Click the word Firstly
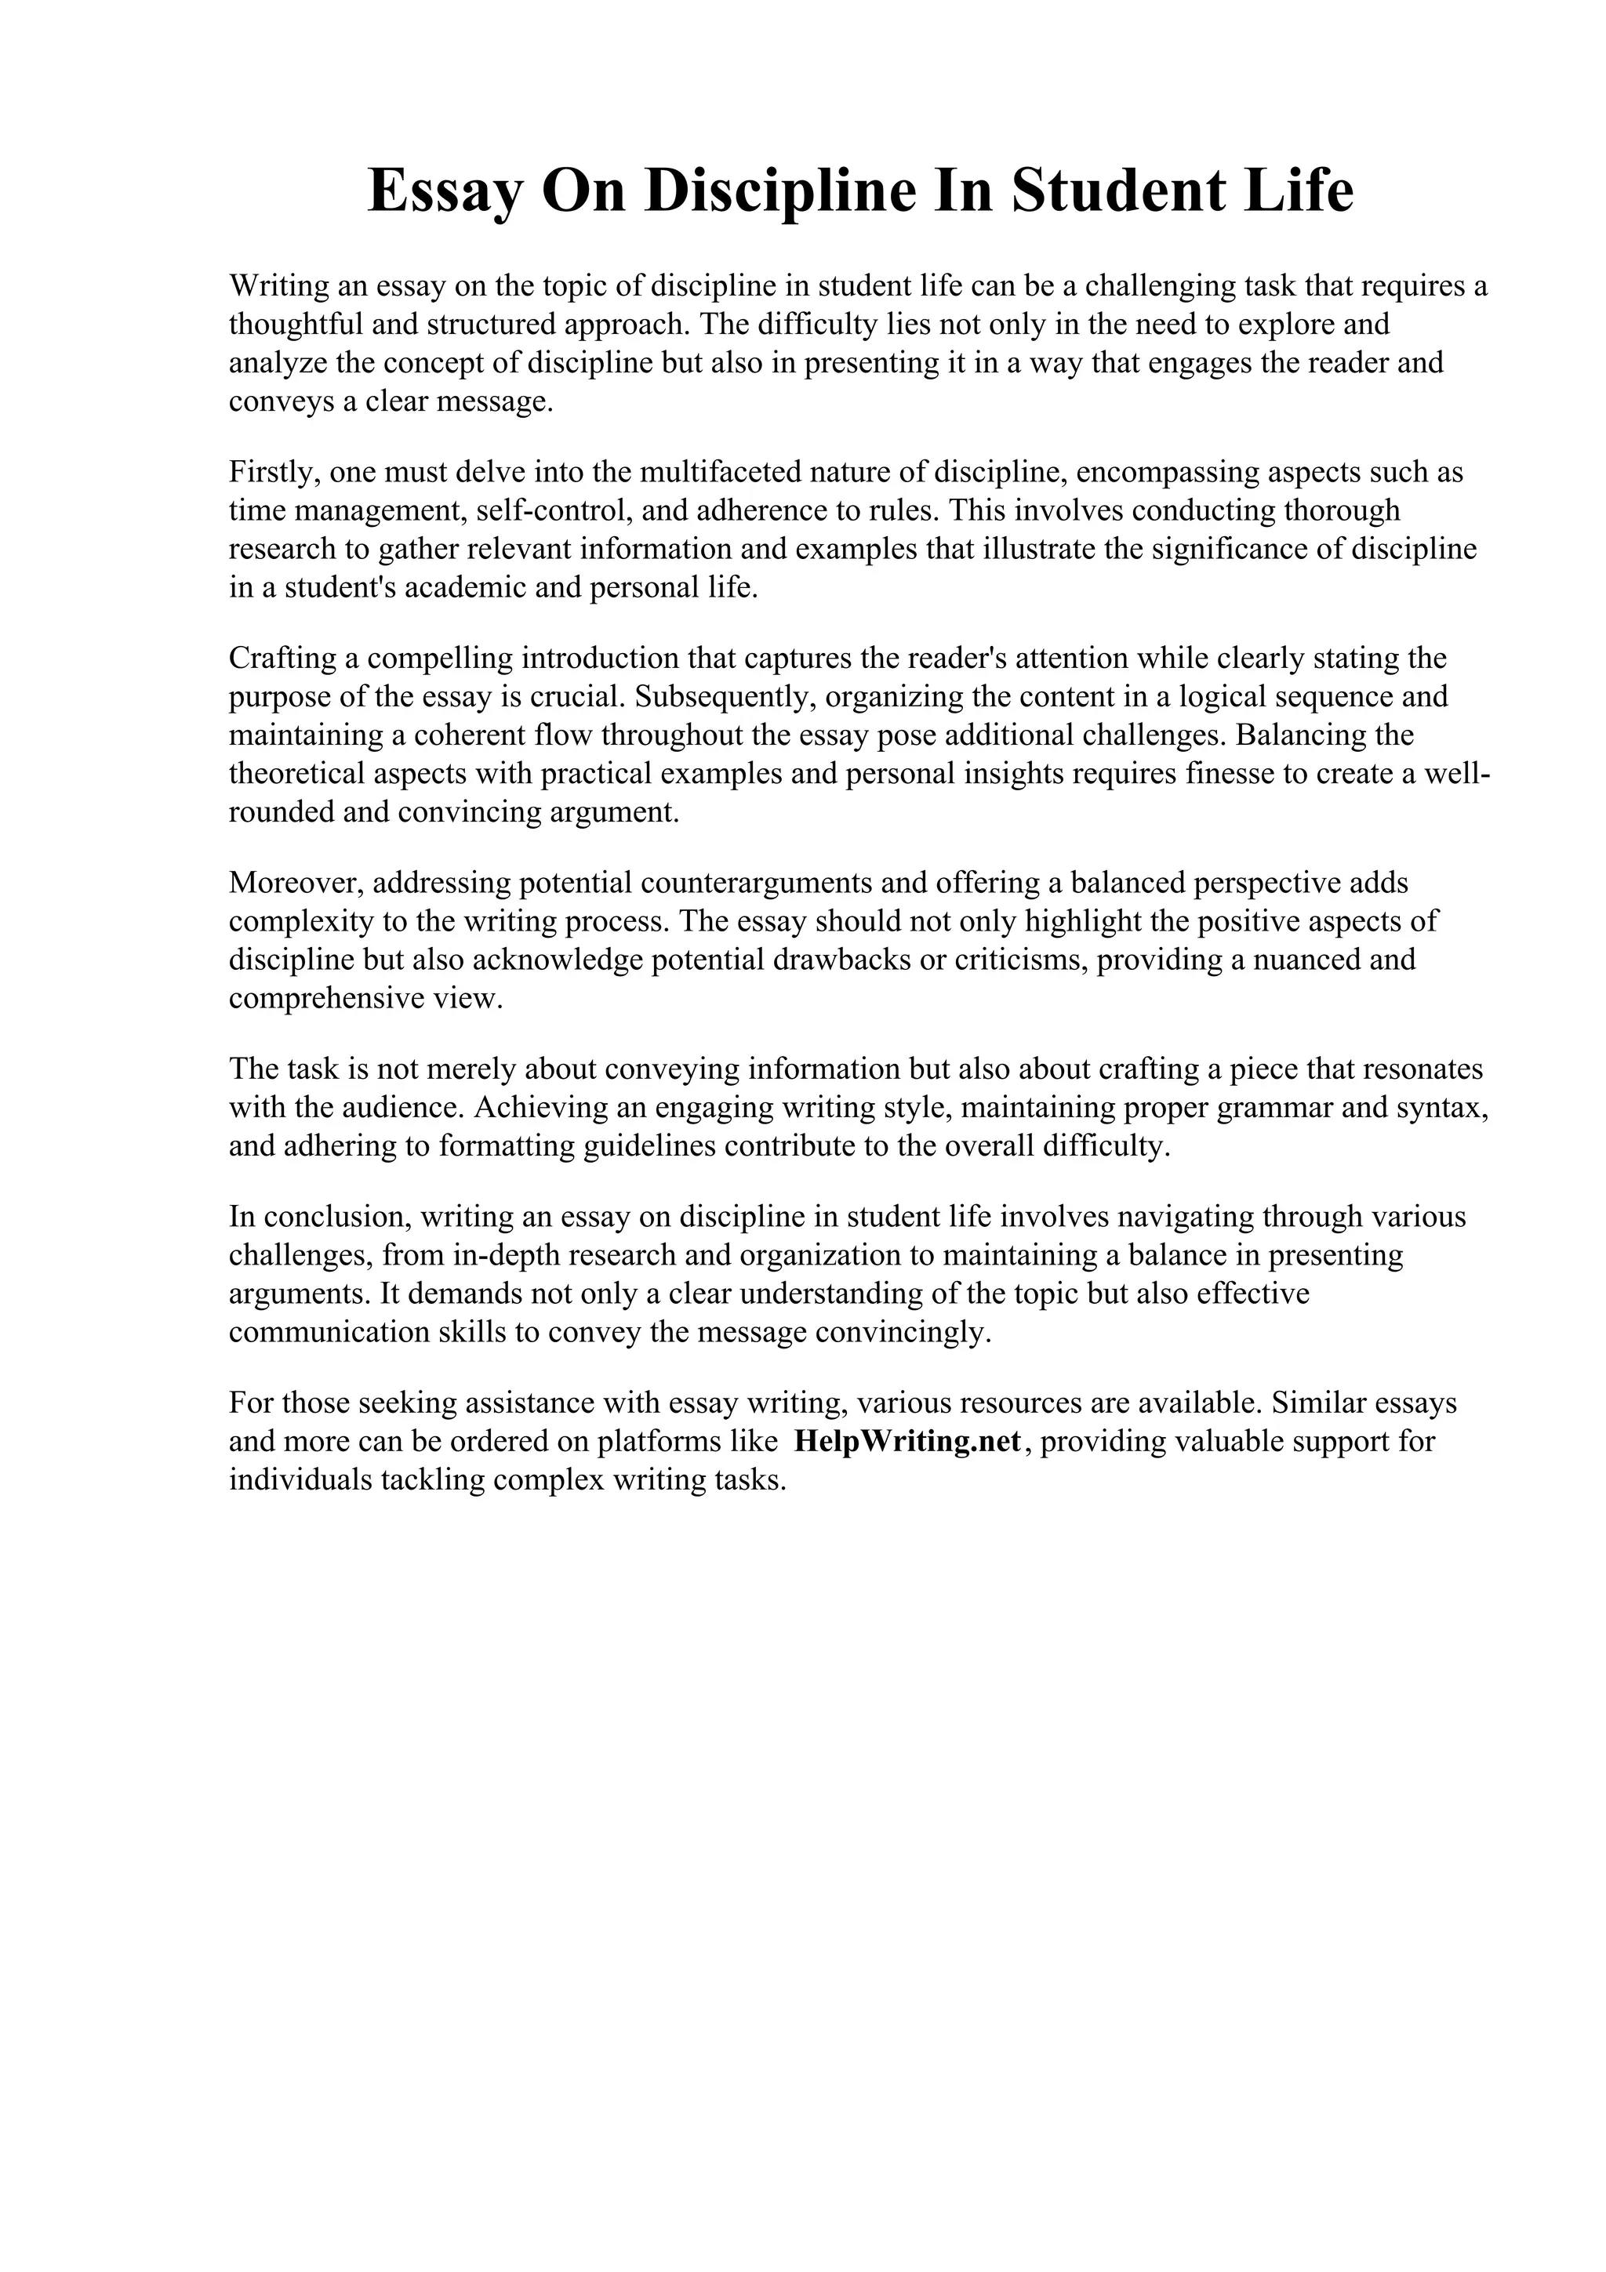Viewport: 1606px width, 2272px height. [271, 472]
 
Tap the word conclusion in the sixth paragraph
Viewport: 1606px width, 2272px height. [325, 1216]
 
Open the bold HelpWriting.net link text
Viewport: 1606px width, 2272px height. [907, 1442]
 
